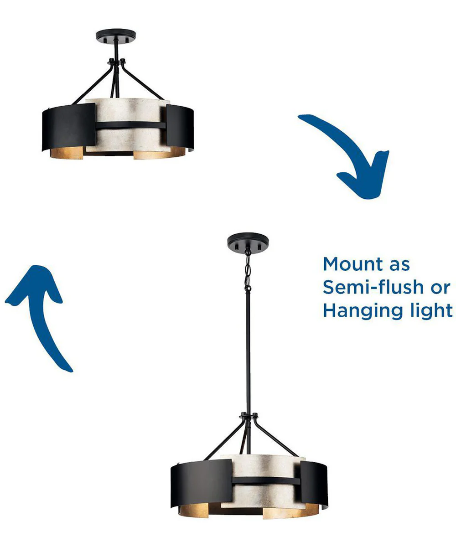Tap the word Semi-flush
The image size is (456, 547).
coord(373,287)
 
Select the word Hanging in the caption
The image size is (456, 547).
coord(363,311)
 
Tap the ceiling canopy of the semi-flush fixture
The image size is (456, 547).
coord(116,36)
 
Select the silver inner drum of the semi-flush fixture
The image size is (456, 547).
coord(128,125)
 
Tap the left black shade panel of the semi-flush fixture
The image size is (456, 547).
coord(69,127)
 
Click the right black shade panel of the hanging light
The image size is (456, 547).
coord(314,483)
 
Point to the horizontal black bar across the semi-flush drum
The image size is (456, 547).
coord(130,125)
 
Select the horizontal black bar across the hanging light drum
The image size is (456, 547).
coord(266,480)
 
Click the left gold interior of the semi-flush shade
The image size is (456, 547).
coord(67,153)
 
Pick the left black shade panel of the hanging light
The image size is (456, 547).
coord(201,484)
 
